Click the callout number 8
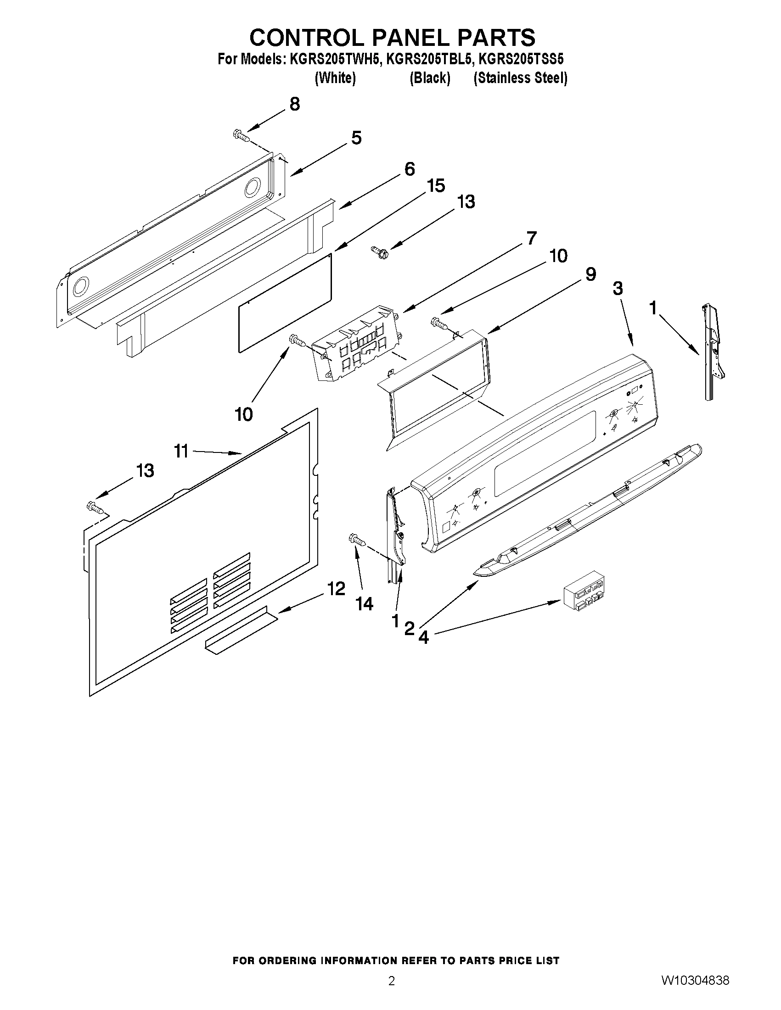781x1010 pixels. pyautogui.click(x=294, y=105)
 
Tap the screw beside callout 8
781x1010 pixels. pyautogui.click(x=241, y=135)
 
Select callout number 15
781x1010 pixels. pyautogui.click(x=436, y=186)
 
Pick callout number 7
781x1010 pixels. pyautogui.click(x=531, y=239)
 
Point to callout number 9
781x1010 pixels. pyautogui.click(x=590, y=274)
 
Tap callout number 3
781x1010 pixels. pyautogui.click(x=617, y=289)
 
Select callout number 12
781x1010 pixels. pyautogui.click(x=337, y=589)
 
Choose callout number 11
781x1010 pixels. pyautogui.click(x=181, y=451)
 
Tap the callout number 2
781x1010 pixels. pyautogui.click(x=409, y=629)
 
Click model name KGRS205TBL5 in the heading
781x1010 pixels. pyautogui.click(x=427, y=60)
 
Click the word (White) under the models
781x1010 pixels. pyautogui.click(x=335, y=78)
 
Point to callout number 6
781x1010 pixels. pyautogui.click(x=410, y=169)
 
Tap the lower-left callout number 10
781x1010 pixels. pyautogui.click(x=244, y=414)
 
